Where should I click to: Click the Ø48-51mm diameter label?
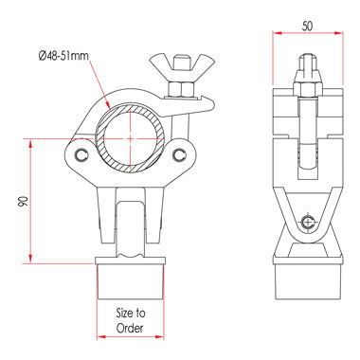coord(63,56)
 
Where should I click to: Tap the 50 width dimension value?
coord(307,26)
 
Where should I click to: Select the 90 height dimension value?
coord(23,202)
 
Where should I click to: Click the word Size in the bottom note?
coord(124,313)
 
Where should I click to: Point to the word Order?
coord(130,328)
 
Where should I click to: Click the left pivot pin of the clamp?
coord(81,153)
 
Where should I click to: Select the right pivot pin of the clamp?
coord(179,153)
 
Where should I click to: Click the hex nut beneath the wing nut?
coord(181,89)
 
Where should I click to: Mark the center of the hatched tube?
coord(131,138)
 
